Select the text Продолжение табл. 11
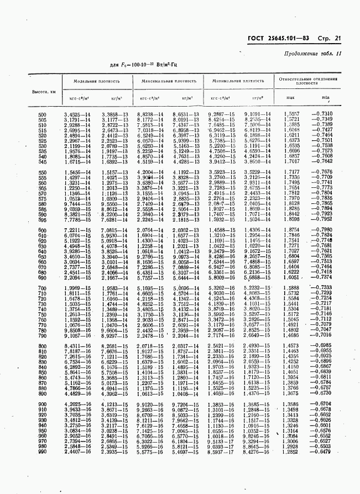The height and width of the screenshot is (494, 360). click(x=313, y=54)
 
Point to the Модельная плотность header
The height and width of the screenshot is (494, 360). click(x=97, y=81)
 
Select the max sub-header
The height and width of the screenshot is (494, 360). click(x=291, y=99)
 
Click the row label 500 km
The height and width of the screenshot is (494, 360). click(x=43, y=114)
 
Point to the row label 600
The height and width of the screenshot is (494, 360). click(x=43, y=230)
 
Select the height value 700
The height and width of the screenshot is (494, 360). click(x=43, y=288)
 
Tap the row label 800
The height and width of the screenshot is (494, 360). click(x=43, y=346)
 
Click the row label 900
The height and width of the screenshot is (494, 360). click(x=43, y=404)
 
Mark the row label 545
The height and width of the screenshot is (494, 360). click(x=43, y=162)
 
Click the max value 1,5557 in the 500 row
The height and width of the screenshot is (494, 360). click(x=291, y=114)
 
